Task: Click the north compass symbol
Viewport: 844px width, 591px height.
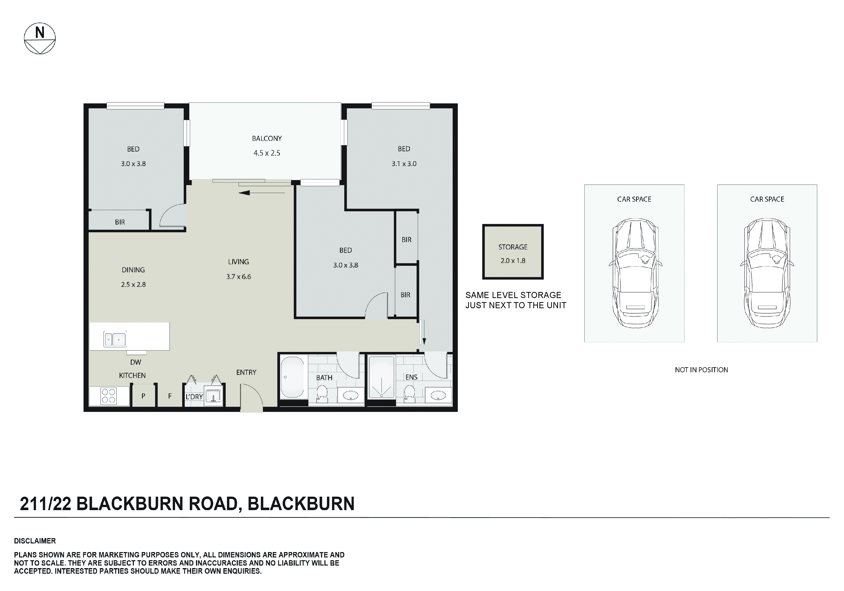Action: [40, 39]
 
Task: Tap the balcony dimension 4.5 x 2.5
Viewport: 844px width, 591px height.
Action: [266, 153]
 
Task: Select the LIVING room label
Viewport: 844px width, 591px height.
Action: [238, 262]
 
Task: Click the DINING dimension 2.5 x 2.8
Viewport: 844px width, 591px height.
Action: [133, 285]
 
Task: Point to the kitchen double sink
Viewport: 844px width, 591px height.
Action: [115, 339]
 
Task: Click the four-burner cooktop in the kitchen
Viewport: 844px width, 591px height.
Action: [108, 396]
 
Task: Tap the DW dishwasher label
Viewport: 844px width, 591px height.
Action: [135, 362]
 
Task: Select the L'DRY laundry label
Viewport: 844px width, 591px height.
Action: [194, 397]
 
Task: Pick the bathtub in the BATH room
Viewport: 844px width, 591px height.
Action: [293, 377]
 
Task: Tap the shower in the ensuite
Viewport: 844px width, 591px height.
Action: [382, 377]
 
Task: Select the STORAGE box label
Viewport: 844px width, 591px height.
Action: [513, 247]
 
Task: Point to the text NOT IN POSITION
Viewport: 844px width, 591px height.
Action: [701, 370]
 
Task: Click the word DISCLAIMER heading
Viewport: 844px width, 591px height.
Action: [35, 541]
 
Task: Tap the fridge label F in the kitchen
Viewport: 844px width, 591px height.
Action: [170, 396]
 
